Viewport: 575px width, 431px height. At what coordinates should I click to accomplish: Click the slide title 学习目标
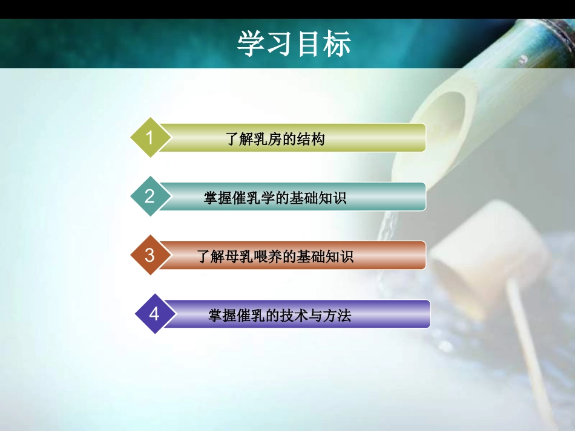click(294, 44)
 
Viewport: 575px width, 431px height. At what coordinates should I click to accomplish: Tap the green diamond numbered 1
click(149, 138)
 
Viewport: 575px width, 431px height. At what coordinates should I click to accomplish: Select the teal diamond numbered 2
click(149, 196)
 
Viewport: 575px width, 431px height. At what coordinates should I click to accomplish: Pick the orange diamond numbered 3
click(149, 255)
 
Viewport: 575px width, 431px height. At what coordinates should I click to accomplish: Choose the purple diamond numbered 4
click(154, 314)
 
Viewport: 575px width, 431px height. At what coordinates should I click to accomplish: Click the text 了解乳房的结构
click(275, 139)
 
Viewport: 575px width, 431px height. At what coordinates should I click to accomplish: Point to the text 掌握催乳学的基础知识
click(275, 198)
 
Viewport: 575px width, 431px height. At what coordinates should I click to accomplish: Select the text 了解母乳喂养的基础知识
click(275, 256)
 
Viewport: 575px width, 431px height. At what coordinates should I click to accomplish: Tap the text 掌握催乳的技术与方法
click(280, 315)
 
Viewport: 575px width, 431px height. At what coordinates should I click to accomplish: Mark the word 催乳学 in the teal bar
click(247, 198)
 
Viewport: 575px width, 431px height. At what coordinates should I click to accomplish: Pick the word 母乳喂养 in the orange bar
click(254, 256)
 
